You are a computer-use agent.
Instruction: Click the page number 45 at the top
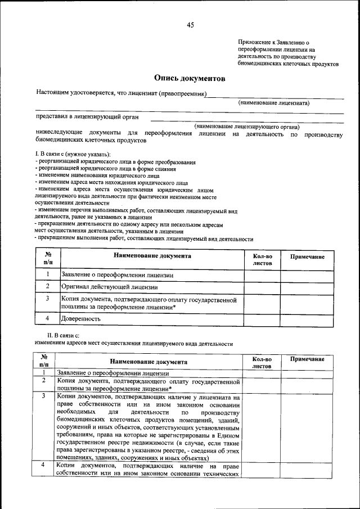(190, 25)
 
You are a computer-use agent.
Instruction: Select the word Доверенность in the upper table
(81, 318)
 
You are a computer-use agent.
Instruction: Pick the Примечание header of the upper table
(307, 256)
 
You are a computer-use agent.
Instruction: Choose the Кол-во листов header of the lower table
(262, 362)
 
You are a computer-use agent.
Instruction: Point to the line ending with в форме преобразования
(116, 162)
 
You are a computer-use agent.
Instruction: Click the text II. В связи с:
(63, 336)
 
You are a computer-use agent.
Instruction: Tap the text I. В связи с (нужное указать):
(73, 154)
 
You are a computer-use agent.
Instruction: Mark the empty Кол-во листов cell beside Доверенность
(262, 318)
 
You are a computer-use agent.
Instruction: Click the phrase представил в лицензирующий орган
(87, 117)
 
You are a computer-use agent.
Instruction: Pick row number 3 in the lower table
(43, 397)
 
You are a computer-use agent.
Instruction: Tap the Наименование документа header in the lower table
(148, 362)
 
